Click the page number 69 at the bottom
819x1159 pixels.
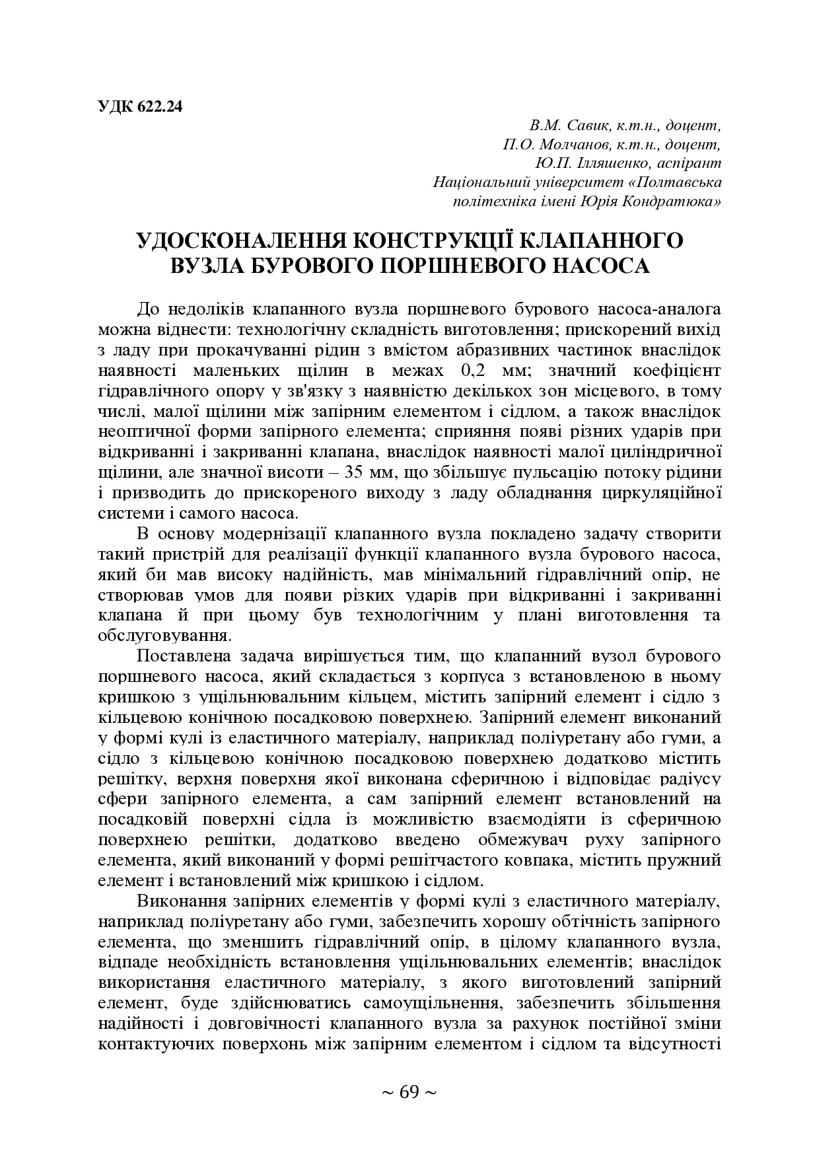[409, 1092]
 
